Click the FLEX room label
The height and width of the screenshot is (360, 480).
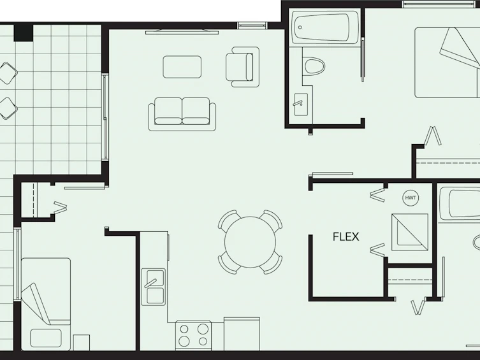(x=346, y=237)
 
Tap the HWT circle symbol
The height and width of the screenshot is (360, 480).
(x=411, y=198)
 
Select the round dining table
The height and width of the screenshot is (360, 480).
(x=250, y=242)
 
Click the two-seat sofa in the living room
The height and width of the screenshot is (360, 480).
(x=182, y=114)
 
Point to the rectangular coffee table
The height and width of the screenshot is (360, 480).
(x=182, y=67)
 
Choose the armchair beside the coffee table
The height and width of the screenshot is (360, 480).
(x=242, y=67)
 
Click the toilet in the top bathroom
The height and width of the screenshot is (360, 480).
(x=314, y=66)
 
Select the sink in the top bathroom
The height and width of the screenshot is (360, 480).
(x=301, y=104)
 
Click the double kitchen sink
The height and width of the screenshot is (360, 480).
(x=153, y=287)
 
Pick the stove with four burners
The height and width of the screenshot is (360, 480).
(x=193, y=336)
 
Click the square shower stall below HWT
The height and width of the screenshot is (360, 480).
(x=410, y=232)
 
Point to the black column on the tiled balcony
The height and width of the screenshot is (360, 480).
(x=23, y=32)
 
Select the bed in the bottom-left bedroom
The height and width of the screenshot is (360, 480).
(x=46, y=305)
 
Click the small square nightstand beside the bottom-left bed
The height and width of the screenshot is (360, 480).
(x=82, y=343)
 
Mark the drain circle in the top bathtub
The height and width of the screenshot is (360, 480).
(x=300, y=27)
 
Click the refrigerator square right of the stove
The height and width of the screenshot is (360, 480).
(x=242, y=334)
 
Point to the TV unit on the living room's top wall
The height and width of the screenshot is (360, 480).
(x=182, y=31)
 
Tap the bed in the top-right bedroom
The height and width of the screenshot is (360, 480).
(x=447, y=62)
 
